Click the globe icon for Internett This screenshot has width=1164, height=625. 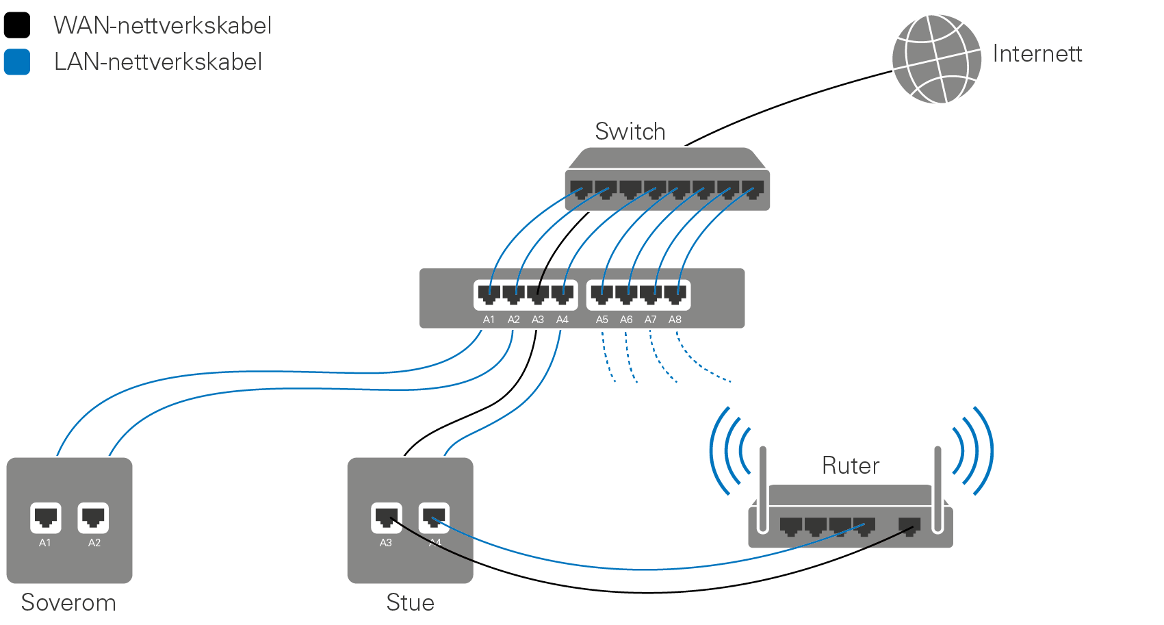936,59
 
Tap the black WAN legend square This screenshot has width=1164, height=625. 17,25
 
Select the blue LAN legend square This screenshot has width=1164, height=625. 17,62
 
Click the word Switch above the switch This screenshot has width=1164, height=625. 630,131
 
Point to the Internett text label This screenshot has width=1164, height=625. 1037,53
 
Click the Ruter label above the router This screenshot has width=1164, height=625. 850,465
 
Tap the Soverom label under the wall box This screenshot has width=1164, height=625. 68,602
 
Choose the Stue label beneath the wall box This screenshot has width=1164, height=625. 410,602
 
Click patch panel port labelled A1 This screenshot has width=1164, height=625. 489,295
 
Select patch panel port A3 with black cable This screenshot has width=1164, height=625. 538,295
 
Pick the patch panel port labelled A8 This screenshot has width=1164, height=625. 675,295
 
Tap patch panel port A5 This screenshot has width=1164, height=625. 602,295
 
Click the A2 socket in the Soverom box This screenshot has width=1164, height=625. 94,518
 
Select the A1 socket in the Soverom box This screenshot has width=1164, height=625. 45,518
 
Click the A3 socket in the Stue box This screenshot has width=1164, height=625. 386,518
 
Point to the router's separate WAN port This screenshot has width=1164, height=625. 909,526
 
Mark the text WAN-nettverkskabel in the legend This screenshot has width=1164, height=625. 162,25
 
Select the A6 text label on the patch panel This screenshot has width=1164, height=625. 626,320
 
